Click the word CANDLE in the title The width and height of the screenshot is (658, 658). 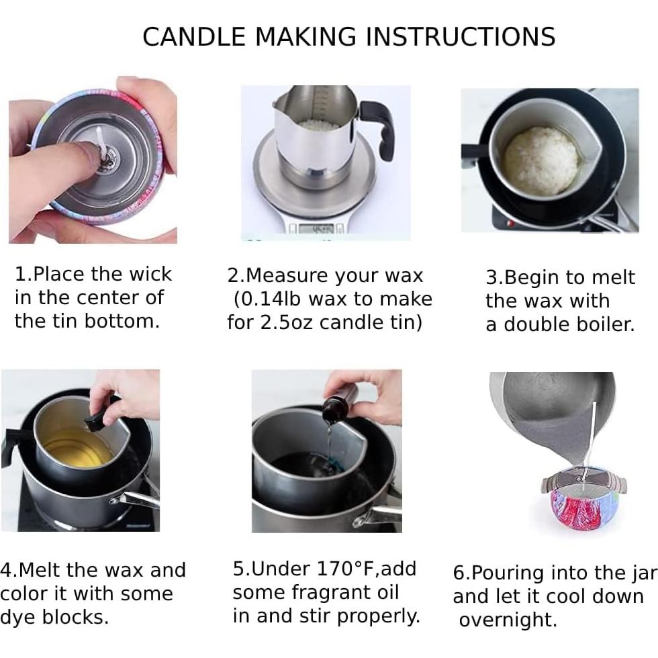[x=194, y=36]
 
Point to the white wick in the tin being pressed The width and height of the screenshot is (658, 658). [x=100, y=142]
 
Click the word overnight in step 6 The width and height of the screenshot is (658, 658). [x=508, y=620]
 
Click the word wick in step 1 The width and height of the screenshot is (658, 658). [x=150, y=274]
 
